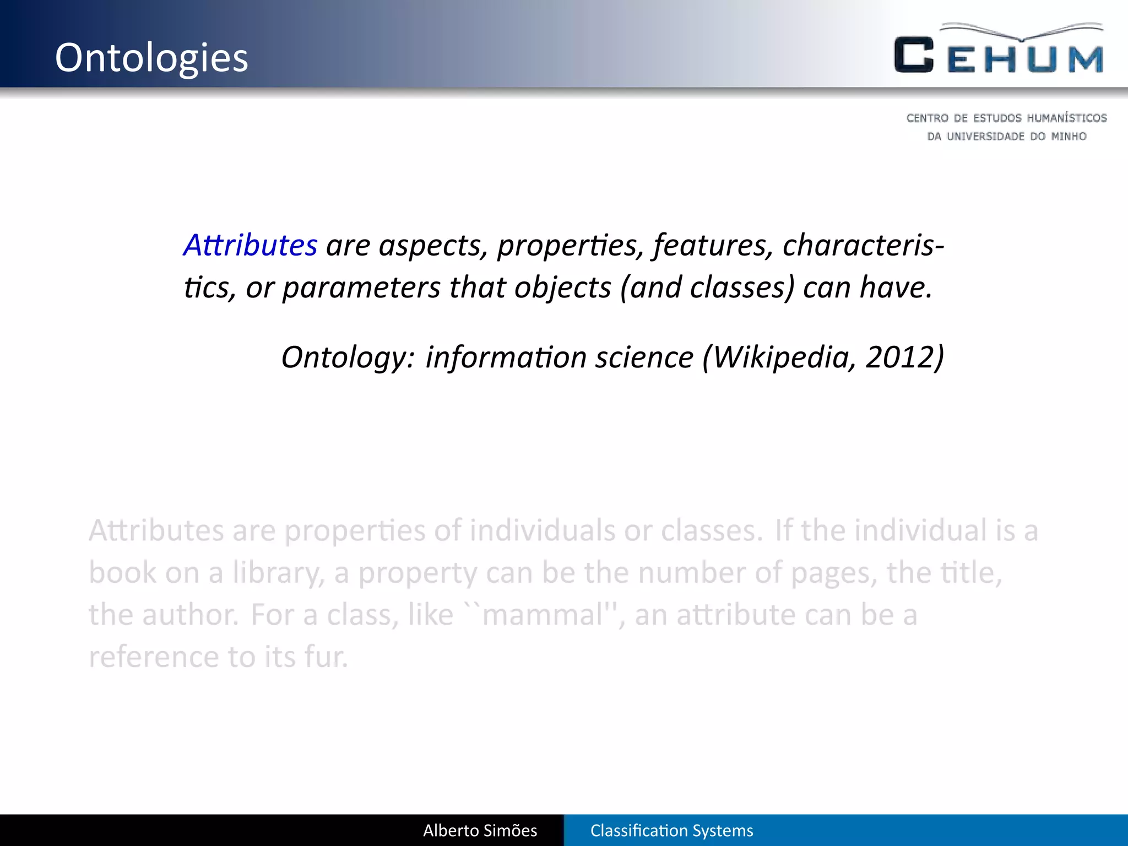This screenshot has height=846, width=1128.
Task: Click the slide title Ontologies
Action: pos(151,58)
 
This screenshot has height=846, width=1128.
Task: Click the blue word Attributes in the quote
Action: pos(251,245)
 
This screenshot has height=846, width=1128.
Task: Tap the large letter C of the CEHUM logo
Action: pos(914,55)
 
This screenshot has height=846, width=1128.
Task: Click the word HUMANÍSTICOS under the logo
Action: pos(1066,118)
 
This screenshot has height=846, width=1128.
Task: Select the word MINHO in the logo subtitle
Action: pos(1069,136)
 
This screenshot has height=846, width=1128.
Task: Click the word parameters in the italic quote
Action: pos(361,288)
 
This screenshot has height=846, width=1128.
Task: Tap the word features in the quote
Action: pos(713,245)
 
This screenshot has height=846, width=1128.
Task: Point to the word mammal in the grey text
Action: pos(543,615)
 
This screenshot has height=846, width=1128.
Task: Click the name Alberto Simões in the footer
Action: pos(480,831)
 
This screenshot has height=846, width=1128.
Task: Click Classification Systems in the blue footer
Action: pos(671,831)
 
